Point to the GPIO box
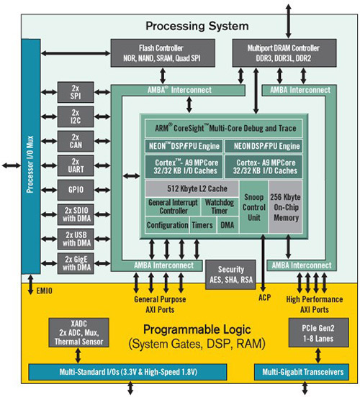tap(76, 189)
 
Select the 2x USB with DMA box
tap(76, 238)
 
